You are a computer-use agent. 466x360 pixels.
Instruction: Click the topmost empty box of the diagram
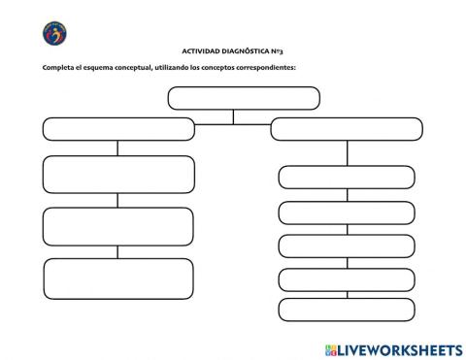(244, 98)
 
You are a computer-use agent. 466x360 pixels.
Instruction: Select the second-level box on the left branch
(118, 129)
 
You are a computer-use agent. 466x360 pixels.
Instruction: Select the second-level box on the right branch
(346, 129)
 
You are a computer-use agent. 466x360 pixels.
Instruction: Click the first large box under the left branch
(118, 174)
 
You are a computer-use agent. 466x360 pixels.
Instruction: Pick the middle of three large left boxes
(118, 226)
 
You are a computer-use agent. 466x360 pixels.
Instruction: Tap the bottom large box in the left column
(118, 278)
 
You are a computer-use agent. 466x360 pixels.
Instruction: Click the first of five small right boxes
(347, 177)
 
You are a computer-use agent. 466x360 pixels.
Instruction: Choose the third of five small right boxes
(347, 245)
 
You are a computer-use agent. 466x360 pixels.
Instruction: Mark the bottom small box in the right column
(347, 310)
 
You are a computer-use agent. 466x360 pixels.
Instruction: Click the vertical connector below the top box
(233, 116)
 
